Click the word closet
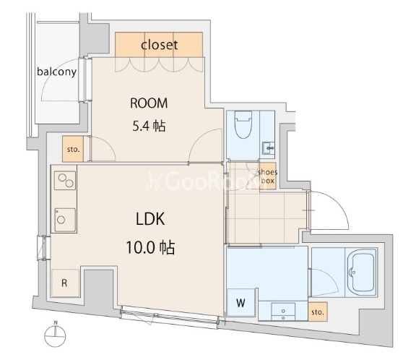tap(159, 45)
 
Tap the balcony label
tap(57, 72)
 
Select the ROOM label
tap(149, 103)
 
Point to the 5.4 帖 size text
tap(149, 126)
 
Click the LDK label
tap(150, 219)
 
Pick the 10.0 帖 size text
tap(150, 247)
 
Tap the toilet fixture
tap(243, 124)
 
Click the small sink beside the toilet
tap(268, 147)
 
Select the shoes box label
tap(267, 176)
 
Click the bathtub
tap(361, 272)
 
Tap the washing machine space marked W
tap(241, 302)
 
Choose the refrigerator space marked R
tap(65, 283)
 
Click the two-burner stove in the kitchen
tap(65, 181)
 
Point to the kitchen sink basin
tap(65, 220)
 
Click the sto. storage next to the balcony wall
tap(73, 149)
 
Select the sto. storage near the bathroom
tap(318, 312)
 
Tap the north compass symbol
tap(55, 335)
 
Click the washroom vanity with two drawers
tap(283, 312)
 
